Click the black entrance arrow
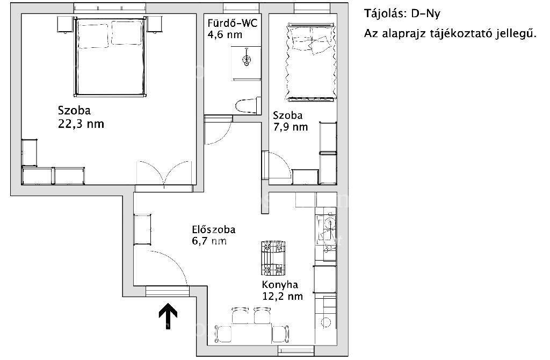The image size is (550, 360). [x=168, y=316]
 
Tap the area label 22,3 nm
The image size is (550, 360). [x=81, y=124]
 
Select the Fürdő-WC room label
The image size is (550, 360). [x=232, y=23]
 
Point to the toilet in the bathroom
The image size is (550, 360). [x=248, y=105]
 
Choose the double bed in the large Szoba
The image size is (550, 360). [x=110, y=57]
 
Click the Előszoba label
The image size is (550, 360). [x=214, y=229]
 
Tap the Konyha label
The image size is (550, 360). [x=280, y=284]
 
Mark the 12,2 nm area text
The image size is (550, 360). [x=283, y=296]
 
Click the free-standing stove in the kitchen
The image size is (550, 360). [x=273, y=258]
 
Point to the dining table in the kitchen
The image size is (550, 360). [x=252, y=333]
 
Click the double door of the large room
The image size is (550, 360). [x=164, y=173]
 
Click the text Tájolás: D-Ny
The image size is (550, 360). [x=402, y=13]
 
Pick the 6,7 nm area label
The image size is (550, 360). [x=209, y=241]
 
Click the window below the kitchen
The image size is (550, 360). [x=296, y=350]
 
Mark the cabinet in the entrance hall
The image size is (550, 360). [x=142, y=229]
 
